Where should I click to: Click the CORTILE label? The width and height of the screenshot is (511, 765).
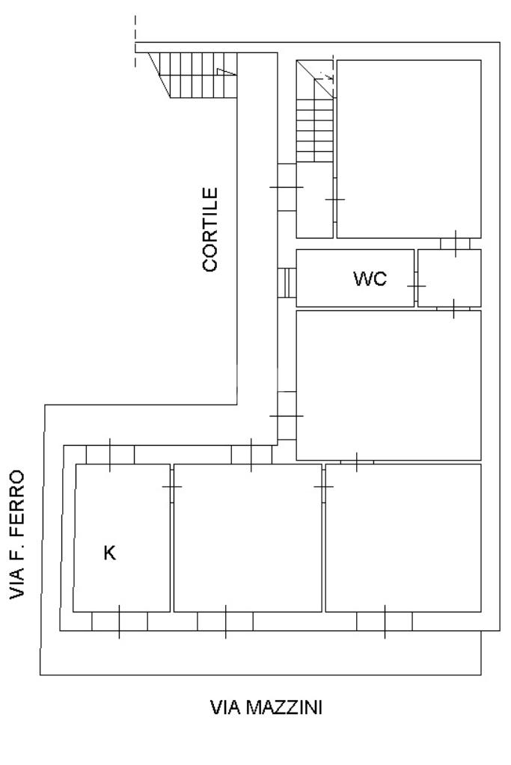(x=210, y=229)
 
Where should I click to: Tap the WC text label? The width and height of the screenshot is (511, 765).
(x=370, y=280)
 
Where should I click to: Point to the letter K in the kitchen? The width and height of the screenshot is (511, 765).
(x=109, y=553)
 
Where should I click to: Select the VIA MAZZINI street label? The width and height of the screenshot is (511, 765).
(x=266, y=707)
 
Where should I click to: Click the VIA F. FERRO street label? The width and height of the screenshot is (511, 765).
(x=18, y=535)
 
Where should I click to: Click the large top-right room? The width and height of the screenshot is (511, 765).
(x=409, y=148)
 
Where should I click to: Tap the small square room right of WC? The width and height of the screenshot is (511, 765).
(x=449, y=278)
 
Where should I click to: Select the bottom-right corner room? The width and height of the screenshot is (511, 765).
(x=403, y=537)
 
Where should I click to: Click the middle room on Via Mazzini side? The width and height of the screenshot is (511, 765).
(x=247, y=537)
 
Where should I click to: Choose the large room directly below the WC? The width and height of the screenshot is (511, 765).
(x=388, y=384)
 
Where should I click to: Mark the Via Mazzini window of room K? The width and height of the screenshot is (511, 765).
(x=119, y=621)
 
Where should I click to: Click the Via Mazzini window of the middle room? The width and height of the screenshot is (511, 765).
(x=225, y=621)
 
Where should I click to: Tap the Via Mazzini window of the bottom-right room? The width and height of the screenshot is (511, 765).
(x=385, y=621)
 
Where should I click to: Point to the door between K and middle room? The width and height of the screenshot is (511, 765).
(x=172, y=487)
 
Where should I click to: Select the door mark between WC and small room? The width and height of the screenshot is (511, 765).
(x=416, y=286)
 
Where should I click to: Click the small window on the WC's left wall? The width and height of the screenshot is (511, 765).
(x=287, y=283)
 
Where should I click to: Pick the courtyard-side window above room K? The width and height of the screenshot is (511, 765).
(x=110, y=454)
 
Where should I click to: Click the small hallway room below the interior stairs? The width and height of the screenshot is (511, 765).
(x=314, y=199)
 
